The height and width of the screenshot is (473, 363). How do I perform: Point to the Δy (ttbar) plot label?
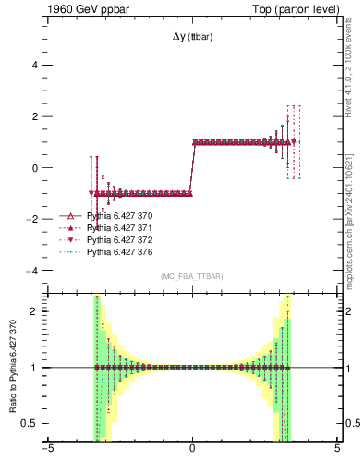click(x=192, y=38)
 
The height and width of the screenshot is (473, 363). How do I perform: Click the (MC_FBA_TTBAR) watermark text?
click(x=192, y=277)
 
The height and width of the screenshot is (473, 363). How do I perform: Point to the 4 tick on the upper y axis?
click(x=35, y=66)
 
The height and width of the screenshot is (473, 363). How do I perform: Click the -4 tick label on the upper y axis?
click(x=33, y=271)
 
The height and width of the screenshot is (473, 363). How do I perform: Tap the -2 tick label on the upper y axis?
click(x=33, y=220)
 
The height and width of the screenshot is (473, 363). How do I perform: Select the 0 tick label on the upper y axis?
click(x=35, y=168)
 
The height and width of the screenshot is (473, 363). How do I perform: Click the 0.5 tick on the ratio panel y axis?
click(x=31, y=423)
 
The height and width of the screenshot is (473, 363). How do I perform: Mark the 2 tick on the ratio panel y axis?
click(x=35, y=311)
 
